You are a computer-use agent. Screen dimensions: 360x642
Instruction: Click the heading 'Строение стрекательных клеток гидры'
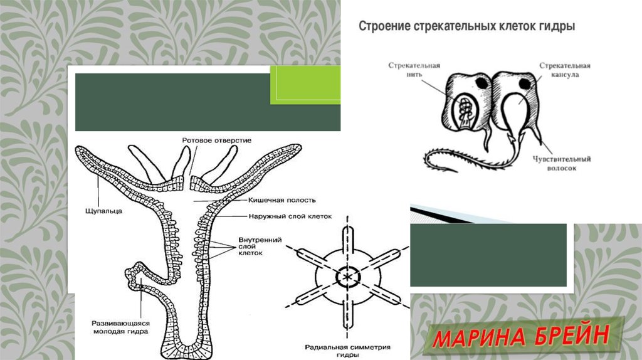pos(466,27)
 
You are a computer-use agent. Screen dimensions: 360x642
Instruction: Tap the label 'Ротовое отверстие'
pos(216,140)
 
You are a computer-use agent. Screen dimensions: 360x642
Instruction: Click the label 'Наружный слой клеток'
pos(280,216)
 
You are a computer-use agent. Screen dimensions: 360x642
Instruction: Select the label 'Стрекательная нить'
pos(414,69)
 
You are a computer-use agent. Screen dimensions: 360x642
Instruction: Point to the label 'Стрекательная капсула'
pos(565,69)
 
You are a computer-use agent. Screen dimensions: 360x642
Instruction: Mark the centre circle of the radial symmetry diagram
pos(345,275)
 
